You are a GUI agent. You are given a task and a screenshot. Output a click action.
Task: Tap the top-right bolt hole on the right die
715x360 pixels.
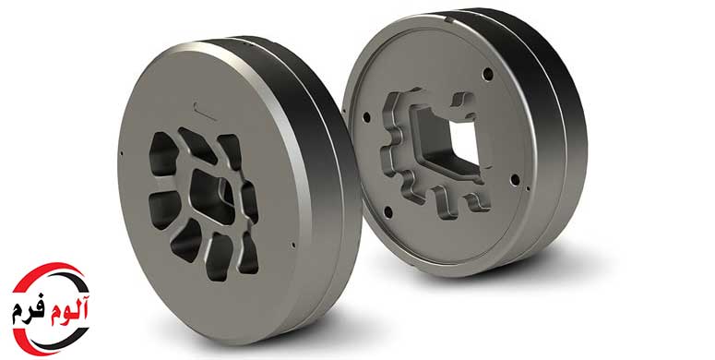coord(488,74)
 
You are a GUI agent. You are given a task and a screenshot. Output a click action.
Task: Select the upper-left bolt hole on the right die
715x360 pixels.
coord(366,118)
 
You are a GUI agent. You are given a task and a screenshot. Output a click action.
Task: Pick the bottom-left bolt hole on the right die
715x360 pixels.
coord(388,212)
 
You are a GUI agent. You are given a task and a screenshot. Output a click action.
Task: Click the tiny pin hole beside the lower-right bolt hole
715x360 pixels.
coord(528,187)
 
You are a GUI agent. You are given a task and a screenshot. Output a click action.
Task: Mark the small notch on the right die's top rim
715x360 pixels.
coord(448,19)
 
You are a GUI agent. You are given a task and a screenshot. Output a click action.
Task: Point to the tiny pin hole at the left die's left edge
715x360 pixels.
coord(121,153)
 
